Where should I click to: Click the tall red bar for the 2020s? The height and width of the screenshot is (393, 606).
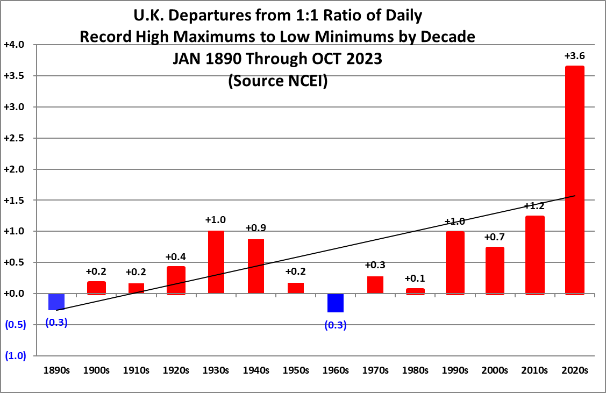pos(574,180)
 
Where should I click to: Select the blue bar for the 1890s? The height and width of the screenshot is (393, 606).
pos(56,302)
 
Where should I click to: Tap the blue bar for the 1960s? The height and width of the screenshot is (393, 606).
pos(335,303)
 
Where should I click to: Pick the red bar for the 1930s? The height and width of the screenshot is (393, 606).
pos(216,262)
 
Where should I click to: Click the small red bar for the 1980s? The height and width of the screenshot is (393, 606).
pos(415,291)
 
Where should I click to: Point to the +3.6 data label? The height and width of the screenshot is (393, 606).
pos(574,56)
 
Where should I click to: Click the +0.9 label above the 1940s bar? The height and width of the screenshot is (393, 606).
pos(255,228)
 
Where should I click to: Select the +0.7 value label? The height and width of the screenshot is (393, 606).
pos(494,237)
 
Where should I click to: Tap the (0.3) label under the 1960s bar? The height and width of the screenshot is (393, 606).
pos(335,325)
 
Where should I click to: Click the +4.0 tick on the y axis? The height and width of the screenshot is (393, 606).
pos(13,45)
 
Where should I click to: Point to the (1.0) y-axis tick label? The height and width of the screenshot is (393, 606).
pos(15,356)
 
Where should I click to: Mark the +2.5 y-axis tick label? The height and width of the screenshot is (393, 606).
pos(13,138)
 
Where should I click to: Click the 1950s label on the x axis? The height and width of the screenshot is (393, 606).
pos(295,370)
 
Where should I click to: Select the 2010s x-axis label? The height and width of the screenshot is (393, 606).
pos(534,370)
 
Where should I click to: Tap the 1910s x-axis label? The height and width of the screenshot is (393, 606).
pos(136,370)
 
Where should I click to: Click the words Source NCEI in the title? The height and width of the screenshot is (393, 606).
pos(277,81)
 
